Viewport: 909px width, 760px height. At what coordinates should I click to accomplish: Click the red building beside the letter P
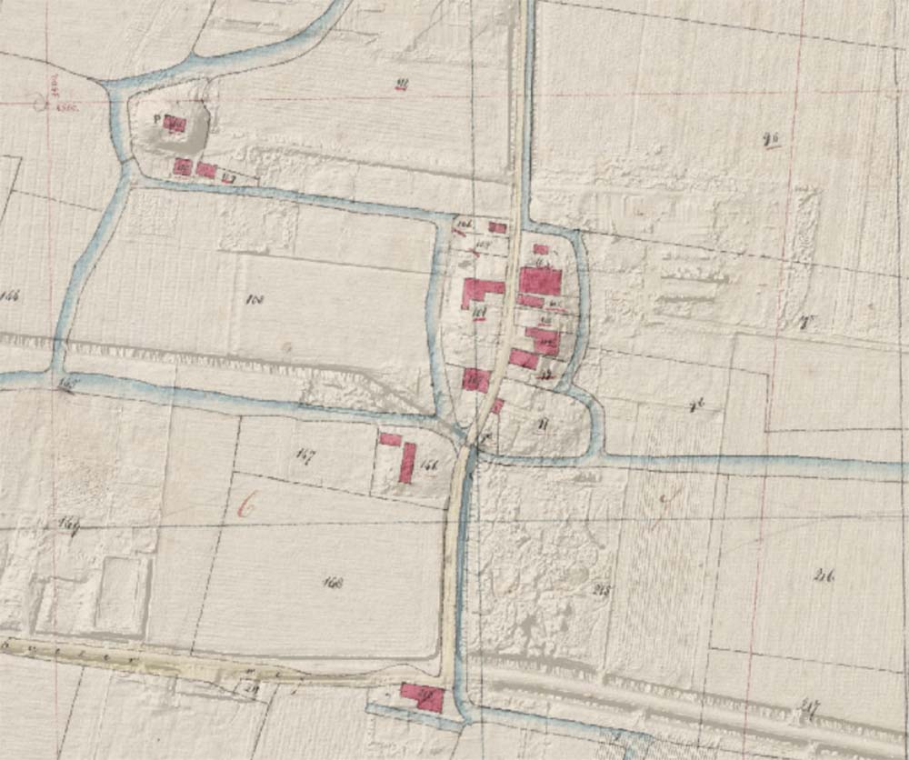click(x=176, y=125)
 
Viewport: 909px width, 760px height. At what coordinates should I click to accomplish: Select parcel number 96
click(x=774, y=139)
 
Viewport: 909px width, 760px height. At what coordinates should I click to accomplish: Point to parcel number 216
click(x=825, y=574)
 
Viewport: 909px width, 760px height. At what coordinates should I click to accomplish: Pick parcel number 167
click(x=305, y=456)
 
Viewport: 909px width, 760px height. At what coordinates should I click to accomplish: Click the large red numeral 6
click(x=245, y=505)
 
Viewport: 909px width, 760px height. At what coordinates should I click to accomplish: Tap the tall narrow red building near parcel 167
click(x=407, y=462)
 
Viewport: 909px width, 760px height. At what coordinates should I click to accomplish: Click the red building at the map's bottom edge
click(x=423, y=697)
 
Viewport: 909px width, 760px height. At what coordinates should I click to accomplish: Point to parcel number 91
click(x=401, y=86)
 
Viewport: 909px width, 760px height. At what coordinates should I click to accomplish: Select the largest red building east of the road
click(x=540, y=281)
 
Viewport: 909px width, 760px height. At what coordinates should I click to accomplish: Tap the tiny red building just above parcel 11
click(x=497, y=406)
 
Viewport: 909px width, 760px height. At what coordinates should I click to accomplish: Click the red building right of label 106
click(x=497, y=227)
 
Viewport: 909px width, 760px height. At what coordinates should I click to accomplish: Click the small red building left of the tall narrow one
click(x=390, y=439)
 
